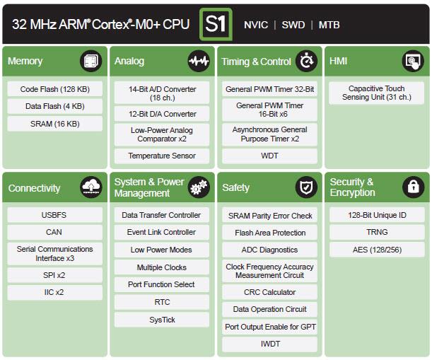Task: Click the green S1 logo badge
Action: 216,24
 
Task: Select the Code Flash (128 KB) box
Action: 54,89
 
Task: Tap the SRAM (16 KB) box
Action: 54,124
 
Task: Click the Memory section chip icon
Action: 91,62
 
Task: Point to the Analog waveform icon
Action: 199,62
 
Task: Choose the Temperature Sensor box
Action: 162,156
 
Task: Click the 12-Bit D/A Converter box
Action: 162,114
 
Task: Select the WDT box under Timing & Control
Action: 269,156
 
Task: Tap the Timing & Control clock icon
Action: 306,62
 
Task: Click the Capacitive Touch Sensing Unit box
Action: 376,93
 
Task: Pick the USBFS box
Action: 54,215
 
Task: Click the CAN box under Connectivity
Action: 54,232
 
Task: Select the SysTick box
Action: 162,320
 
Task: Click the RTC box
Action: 162,302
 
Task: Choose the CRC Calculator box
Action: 269,292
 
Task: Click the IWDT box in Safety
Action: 269,344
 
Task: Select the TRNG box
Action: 376,232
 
